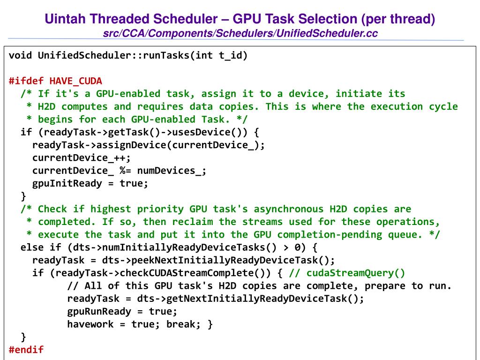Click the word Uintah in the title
pos(65,19)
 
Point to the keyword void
pos(20,55)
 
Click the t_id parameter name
pos(230,55)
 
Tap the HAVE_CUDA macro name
pos(75,81)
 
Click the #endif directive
pos(26,349)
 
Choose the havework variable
pos(90,324)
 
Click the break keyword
pos(181,324)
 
